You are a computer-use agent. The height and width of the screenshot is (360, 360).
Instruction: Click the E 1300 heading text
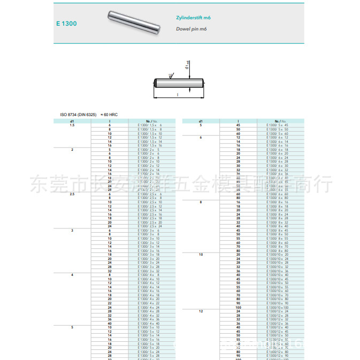tap(66, 24)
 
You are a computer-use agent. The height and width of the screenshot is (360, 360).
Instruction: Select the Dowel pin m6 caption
tap(192, 28)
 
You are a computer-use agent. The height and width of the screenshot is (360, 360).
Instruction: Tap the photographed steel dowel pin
tap(133, 24)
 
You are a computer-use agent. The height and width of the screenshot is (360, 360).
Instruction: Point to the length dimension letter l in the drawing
tap(177, 95)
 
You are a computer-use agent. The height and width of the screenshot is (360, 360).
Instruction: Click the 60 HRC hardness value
tap(110, 115)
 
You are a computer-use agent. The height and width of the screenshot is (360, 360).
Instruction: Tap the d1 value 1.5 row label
tap(72, 125)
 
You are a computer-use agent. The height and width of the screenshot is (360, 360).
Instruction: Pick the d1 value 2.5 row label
tap(72, 194)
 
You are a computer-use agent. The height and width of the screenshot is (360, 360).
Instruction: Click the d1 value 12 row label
tap(201, 311)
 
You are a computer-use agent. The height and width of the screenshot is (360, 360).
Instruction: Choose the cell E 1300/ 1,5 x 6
tap(149, 125)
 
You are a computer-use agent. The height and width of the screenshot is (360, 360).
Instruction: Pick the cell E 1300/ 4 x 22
tap(149, 303)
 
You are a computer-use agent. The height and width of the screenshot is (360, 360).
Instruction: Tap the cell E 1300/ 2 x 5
tap(149, 149)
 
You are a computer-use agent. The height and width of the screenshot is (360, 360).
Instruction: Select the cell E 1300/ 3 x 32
tap(149, 271)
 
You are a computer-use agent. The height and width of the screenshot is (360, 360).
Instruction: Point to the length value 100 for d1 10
tap(238, 307)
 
